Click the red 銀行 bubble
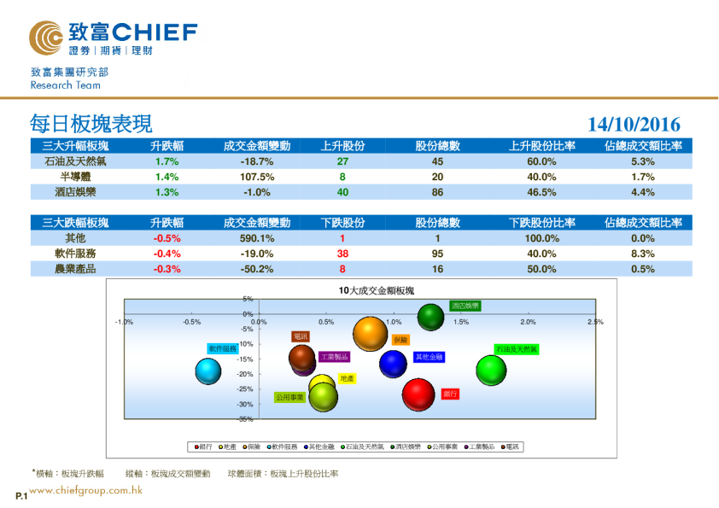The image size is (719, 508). [x=419, y=394]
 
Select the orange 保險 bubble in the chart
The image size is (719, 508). [x=371, y=334]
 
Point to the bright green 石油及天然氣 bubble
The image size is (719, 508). [x=491, y=370]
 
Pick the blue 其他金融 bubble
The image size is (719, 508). [x=393, y=364]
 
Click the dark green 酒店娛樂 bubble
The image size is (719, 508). [x=431, y=317]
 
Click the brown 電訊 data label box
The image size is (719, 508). [x=300, y=337]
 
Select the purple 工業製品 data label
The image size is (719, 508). [x=334, y=357]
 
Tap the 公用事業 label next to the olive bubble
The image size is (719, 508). [x=289, y=397]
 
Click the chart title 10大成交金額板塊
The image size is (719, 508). [x=376, y=291]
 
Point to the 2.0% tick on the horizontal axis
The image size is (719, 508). [x=528, y=322]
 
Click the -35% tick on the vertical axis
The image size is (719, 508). [x=245, y=419]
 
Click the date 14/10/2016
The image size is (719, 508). [x=634, y=125]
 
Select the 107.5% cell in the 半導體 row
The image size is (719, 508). [x=256, y=177]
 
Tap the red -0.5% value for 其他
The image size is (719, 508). [x=167, y=238]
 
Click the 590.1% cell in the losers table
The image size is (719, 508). [x=256, y=238]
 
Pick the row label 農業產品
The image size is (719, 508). [x=75, y=269]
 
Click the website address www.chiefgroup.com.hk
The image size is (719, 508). [x=85, y=491]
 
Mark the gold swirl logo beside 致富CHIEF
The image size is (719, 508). [x=45, y=38]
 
